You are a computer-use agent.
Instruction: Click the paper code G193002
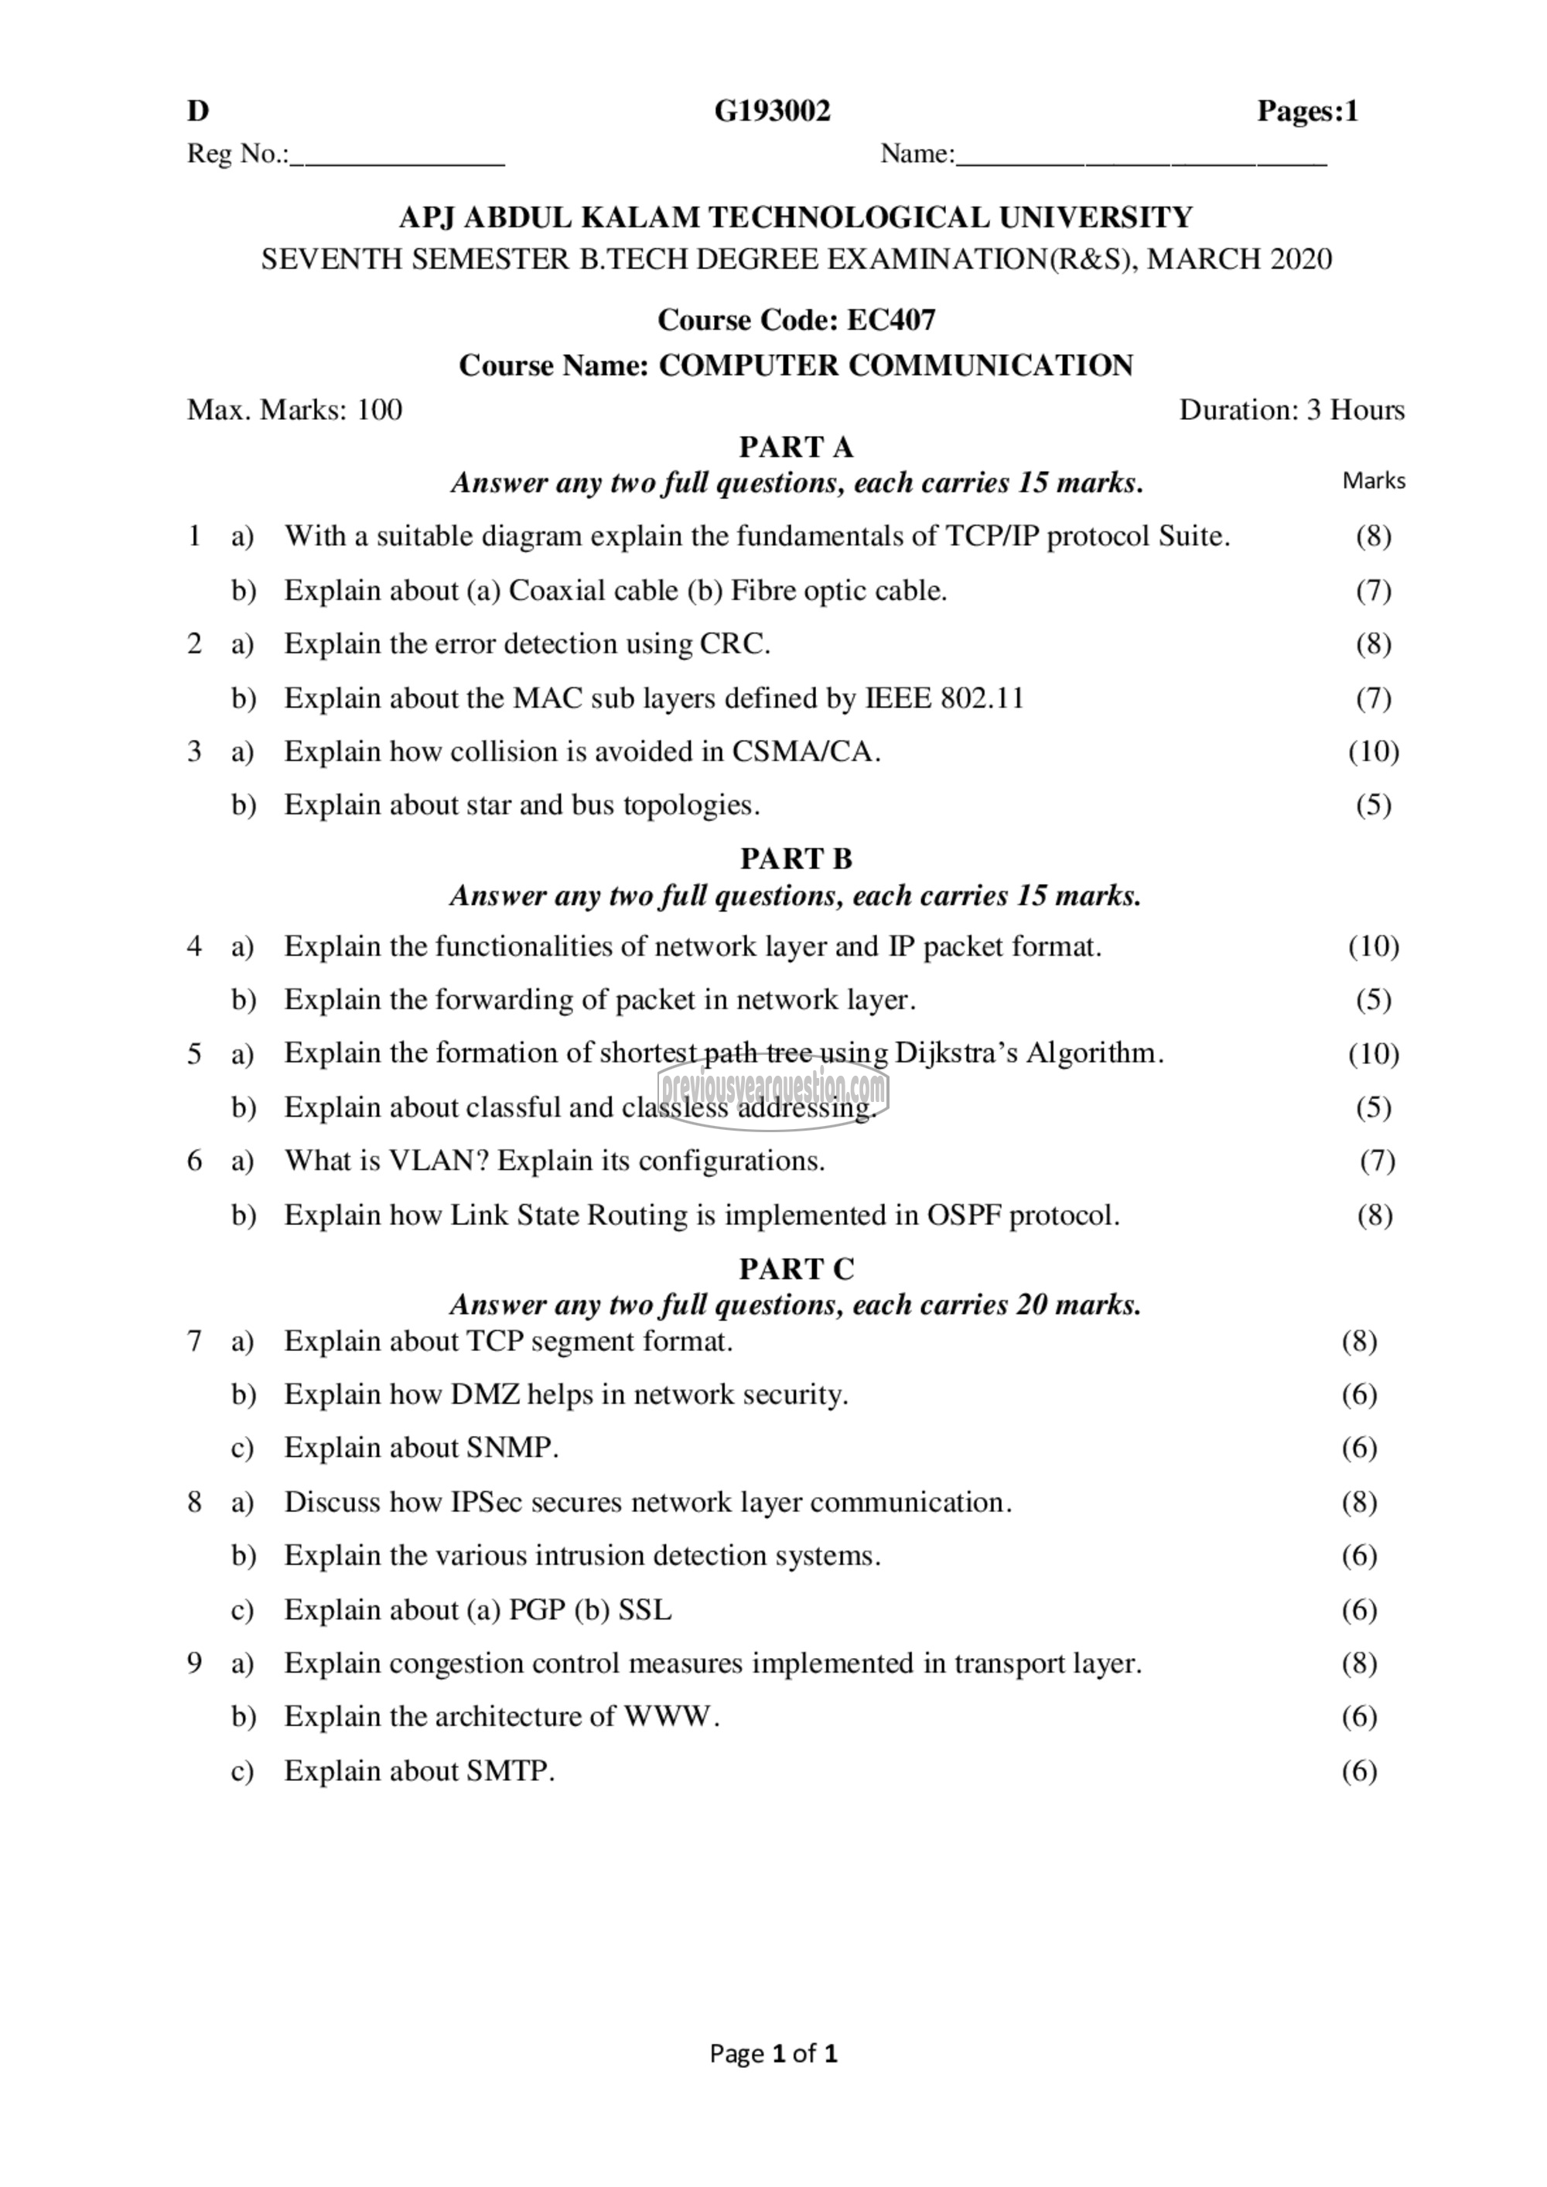tap(773, 111)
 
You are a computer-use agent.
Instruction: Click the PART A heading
tap(797, 447)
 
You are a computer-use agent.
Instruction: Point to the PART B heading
tap(797, 858)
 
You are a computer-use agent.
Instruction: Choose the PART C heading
tap(797, 1269)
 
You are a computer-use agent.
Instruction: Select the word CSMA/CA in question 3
tap(802, 752)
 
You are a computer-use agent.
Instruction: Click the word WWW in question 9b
tap(667, 1717)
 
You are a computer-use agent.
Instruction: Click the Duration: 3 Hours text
tap(1291, 411)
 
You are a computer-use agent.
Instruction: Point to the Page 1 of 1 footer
tap(773, 2052)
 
